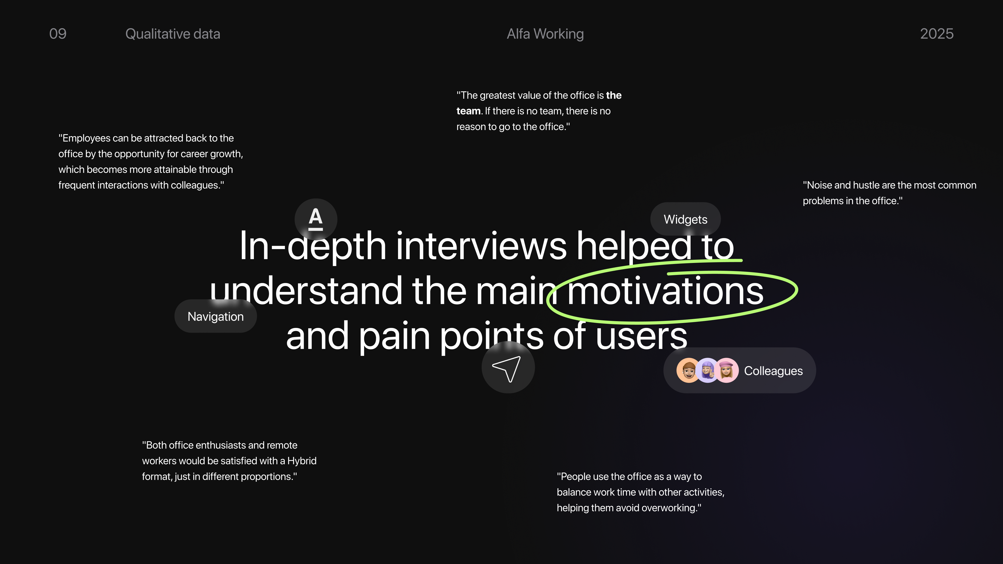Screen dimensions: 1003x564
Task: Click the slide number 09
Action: [58, 34]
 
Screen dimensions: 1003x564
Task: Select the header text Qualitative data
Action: [172, 34]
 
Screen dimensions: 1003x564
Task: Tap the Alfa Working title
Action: [545, 34]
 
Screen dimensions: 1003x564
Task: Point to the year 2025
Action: [936, 34]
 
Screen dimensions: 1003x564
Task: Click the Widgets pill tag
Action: [685, 219]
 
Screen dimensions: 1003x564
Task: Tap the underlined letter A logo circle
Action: [316, 219]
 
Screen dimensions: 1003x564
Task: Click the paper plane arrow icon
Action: [508, 367]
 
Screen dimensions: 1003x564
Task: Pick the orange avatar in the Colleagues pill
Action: [689, 370]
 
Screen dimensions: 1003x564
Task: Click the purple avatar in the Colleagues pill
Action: [708, 370]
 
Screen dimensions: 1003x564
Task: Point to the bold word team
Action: [468, 111]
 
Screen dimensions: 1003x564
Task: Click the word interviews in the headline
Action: [481, 246]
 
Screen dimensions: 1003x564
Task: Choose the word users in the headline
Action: [641, 336]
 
